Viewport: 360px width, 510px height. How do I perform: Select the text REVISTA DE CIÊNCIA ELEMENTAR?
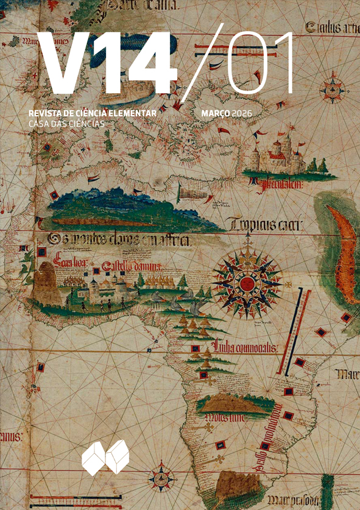click(93, 113)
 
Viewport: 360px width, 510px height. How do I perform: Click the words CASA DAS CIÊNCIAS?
click(67, 123)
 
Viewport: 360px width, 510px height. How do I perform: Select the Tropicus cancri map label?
click(266, 227)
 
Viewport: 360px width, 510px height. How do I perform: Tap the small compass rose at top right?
click(332, 90)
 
